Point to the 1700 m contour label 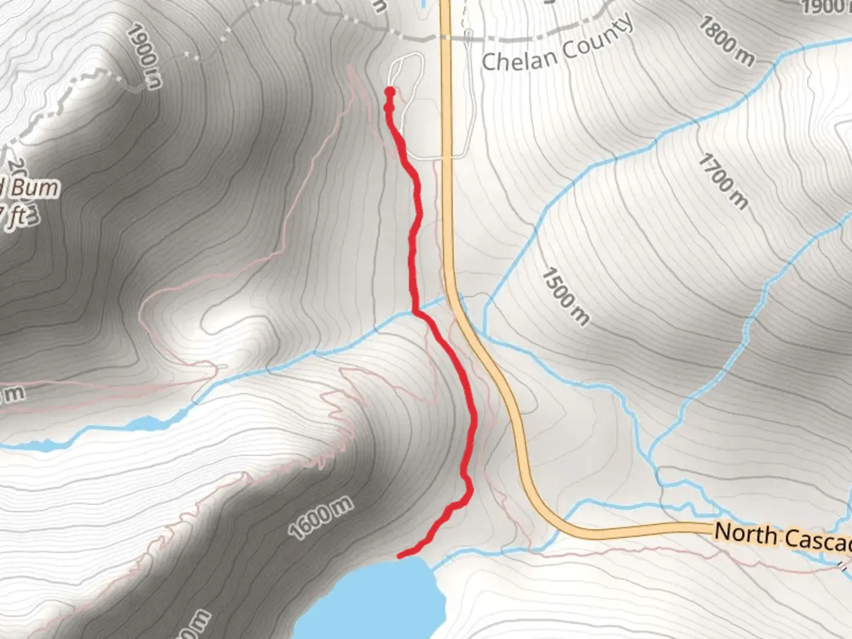point(722,181)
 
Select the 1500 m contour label point(565,296)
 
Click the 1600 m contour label point(321,518)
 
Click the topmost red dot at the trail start point(390,91)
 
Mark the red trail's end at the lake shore point(400,556)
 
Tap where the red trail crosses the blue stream point(414,312)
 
